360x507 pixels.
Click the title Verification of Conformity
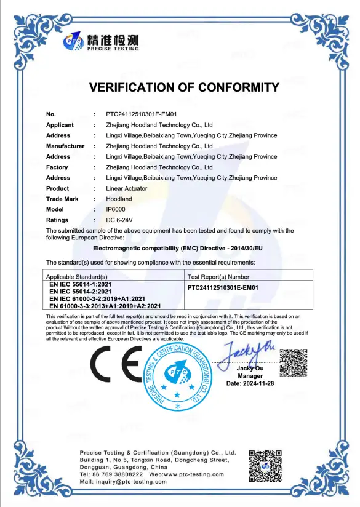point(184,87)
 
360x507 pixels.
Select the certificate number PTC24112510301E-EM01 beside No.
point(142,114)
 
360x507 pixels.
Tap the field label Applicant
point(60,125)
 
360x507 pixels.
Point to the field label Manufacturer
point(65,146)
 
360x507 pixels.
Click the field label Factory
point(57,167)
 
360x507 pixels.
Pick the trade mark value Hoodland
point(119,199)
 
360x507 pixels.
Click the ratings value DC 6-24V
point(119,220)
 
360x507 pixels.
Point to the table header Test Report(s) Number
point(218,277)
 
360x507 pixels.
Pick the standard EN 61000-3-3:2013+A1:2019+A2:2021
point(105,306)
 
